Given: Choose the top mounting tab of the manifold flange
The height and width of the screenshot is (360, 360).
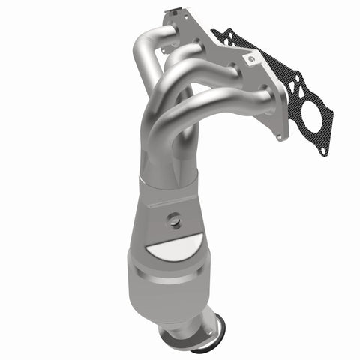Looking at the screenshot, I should [175, 14].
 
